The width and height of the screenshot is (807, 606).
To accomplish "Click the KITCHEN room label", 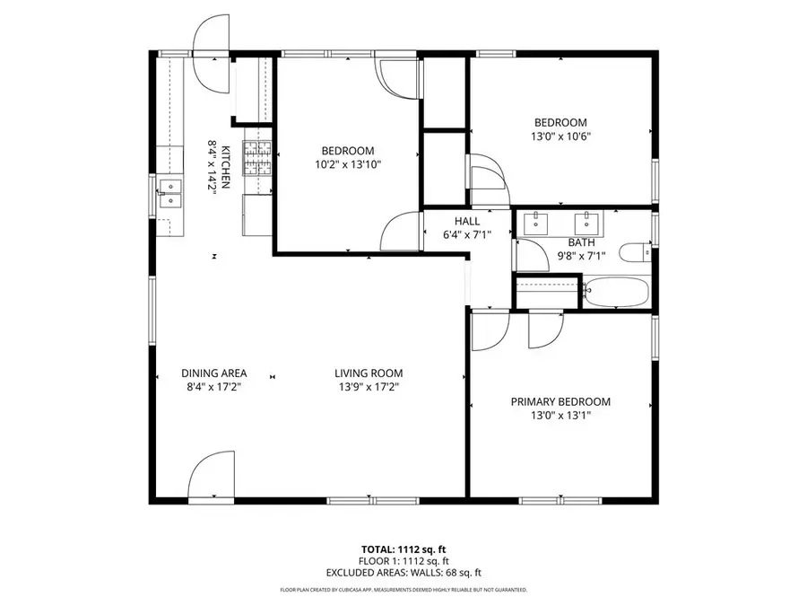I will click(227, 166).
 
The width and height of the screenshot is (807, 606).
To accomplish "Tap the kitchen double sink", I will click(169, 194).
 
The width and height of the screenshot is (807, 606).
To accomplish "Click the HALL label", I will click(467, 221).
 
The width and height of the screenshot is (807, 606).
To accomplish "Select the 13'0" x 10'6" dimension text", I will click(560, 137).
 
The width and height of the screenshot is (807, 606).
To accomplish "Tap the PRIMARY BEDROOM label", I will click(560, 402).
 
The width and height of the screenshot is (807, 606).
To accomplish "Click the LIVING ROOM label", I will click(369, 373).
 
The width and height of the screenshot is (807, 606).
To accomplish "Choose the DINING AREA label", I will click(213, 373).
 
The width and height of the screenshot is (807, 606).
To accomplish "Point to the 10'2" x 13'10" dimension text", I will click(348, 165).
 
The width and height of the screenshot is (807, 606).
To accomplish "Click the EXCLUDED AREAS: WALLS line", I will click(403, 572).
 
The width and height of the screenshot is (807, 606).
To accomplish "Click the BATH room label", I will click(581, 242).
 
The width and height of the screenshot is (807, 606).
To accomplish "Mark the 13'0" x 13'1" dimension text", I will click(560, 416).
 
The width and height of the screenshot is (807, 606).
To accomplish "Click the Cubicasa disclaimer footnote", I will click(403, 590).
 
